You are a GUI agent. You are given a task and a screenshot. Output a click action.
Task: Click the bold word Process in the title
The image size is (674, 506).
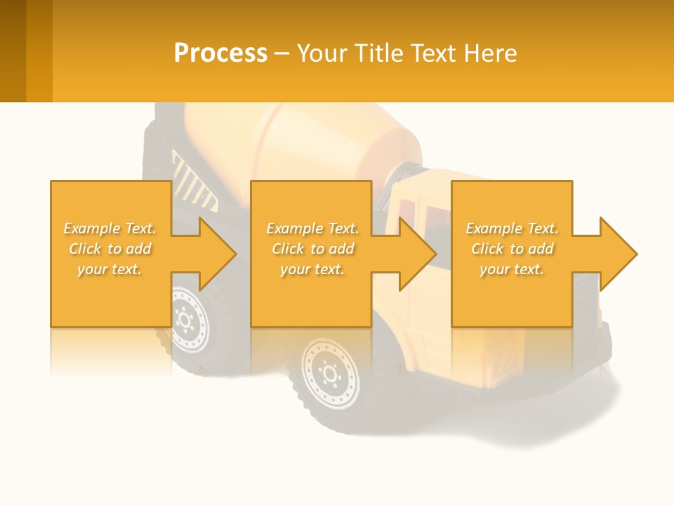[220, 53]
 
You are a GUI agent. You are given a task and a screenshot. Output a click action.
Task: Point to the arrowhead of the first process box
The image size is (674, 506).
[218, 254]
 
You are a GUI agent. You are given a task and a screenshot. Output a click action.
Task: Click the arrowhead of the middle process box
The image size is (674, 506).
[418, 254]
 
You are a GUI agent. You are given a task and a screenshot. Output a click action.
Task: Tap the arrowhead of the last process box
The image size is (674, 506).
[619, 254]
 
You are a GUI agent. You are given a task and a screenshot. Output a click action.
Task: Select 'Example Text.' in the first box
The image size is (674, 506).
[110, 228]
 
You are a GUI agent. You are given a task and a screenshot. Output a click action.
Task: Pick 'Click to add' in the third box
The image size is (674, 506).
[512, 249]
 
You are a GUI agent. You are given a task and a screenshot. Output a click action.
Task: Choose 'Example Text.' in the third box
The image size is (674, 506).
[512, 228]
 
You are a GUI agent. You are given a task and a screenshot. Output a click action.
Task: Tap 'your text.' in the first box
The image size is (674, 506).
[110, 269]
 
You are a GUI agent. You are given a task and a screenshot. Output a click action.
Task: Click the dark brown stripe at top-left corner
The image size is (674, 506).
[13, 51]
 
